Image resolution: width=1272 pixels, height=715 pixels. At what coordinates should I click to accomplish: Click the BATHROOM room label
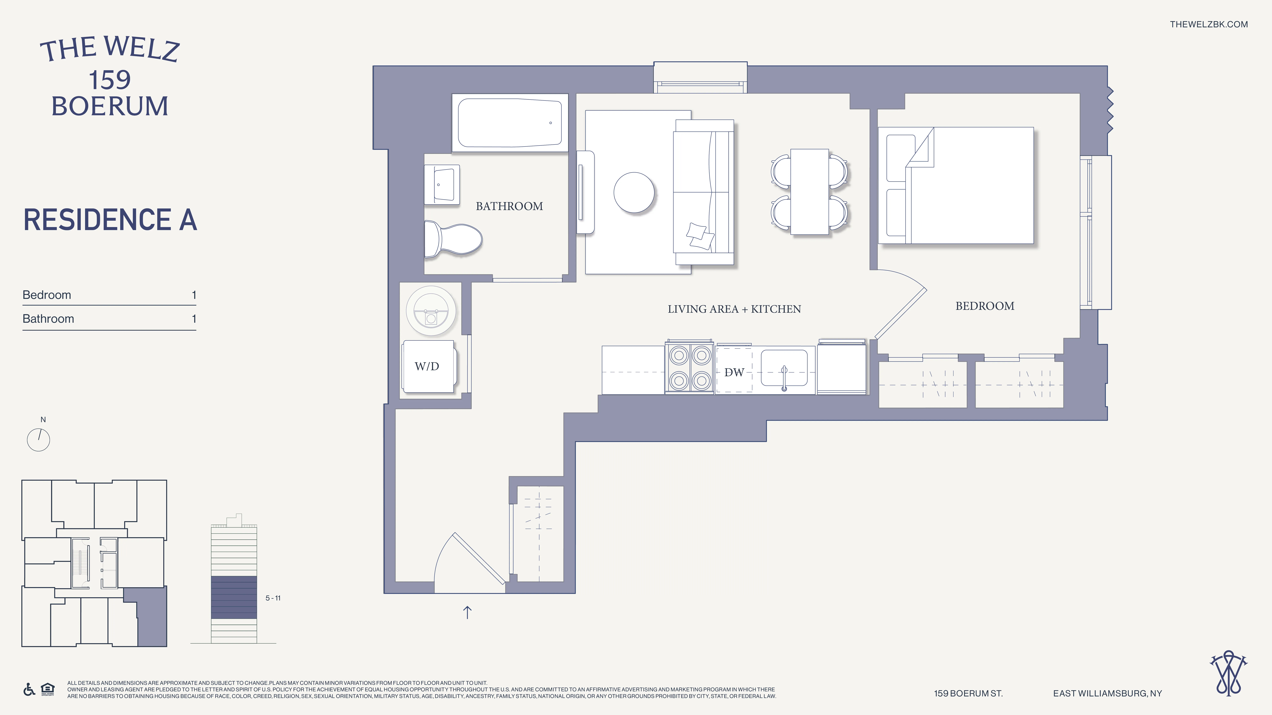(x=509, y=206)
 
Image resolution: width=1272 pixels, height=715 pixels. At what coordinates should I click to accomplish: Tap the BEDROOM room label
(x=985, y=306)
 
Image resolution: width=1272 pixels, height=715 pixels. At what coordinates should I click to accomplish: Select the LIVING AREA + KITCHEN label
(x=734, y=309)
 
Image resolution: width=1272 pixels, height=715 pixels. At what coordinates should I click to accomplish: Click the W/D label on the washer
(x=427, y=366)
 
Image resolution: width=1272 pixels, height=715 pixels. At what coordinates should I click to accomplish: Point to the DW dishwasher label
(x=734, y=373)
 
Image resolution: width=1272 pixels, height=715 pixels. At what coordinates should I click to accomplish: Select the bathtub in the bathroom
(x=510, y=123)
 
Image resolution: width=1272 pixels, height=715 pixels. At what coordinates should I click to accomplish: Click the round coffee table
(x=634, y=192)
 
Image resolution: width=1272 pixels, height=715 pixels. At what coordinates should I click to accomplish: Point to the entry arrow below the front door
(x=467, y=612)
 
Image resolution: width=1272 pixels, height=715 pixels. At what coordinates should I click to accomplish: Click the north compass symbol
(x=38, y=439)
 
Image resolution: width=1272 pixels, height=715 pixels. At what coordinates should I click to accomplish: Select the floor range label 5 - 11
(x=273, y=598)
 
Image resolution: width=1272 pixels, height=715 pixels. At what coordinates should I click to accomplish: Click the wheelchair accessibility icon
(x=29, y=689)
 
